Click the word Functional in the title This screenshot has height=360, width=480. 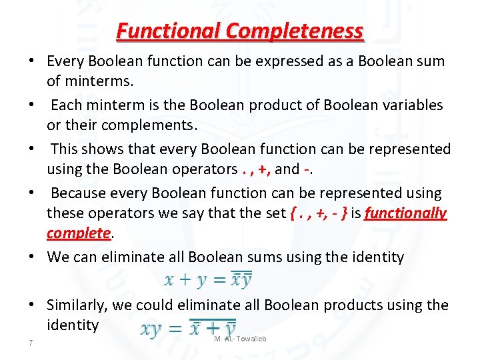(x=168, y=31)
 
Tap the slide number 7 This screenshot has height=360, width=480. (x=31, y=343)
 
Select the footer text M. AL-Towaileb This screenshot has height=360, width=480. (x=240, y=339)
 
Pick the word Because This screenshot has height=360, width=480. (x=80, y=193)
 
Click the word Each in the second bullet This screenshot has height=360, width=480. (x=65, y=105)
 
